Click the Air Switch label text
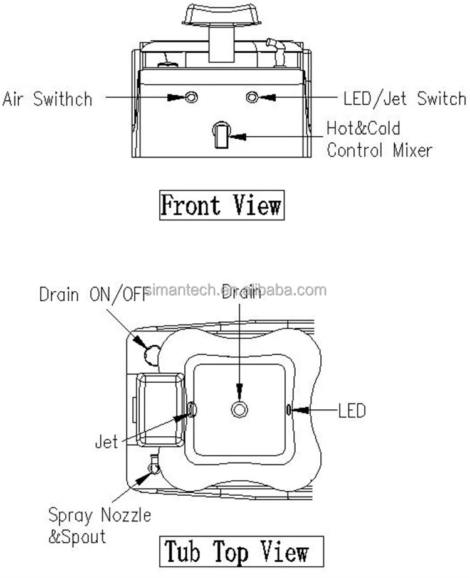click(47, 99)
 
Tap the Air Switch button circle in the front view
click(191, 97)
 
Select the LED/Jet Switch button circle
click(253, 97)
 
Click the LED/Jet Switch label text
click(405, 99)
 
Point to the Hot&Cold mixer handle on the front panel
click(221, 135)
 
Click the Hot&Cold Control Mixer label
click(379, 140)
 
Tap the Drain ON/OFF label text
click(93, 294)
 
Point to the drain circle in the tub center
click(239, 410)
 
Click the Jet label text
click(106, 442)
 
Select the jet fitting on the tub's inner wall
click(192, 410)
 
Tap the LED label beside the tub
click(352, 411)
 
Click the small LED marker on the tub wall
click(288, 410)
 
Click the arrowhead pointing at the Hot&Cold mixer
click(237, 134)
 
